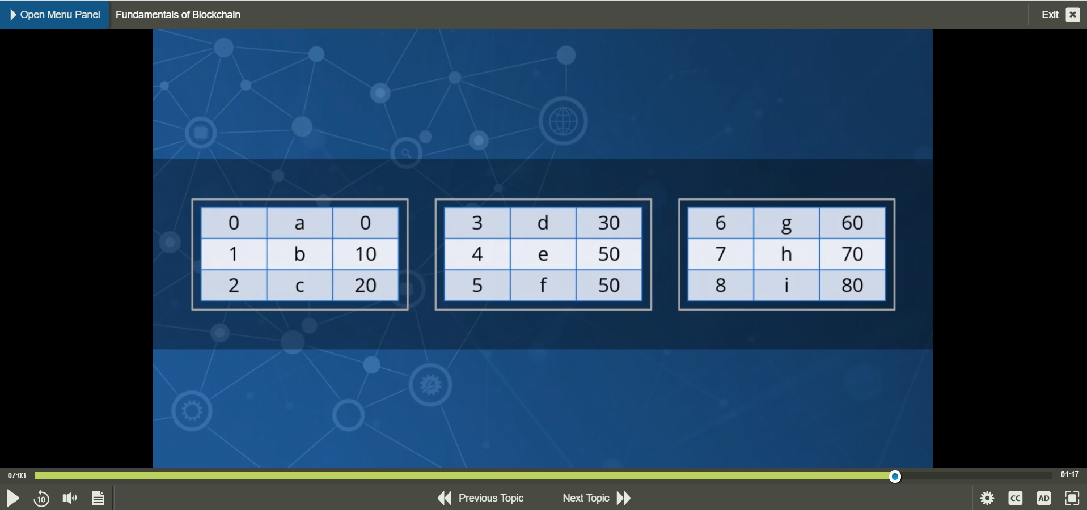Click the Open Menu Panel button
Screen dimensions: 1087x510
click(x=55, y=15)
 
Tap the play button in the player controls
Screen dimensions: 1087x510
click(x=13, y=498)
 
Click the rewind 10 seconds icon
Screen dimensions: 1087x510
click(x=41, y=498)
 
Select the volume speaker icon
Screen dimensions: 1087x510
click(x=70, y=498)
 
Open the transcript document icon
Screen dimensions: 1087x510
click(x=98, y=498)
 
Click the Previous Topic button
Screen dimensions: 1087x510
click(x=481, y=498)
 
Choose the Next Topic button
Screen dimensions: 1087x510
click(x=597, y=498)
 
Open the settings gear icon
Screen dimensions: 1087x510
click(x=987, y=498)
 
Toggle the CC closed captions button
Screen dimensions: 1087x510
click(x=1016, y=498)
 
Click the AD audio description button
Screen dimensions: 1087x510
click(x=1044, y=498)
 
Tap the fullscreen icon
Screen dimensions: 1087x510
click(x=1072, y=498)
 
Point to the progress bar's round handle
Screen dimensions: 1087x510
click(x=895, y=477)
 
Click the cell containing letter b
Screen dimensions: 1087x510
click(x=299, y=254)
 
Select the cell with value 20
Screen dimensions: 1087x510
click(x=365, y=285)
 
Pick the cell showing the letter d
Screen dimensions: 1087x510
click(x=543, y=223)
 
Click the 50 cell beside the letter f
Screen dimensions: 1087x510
click(x=609, y=285)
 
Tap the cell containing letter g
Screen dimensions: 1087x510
click(x=786, y=223)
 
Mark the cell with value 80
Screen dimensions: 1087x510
click(x=852, y=285)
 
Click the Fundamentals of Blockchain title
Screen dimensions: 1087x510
click(x=178, y=15)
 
